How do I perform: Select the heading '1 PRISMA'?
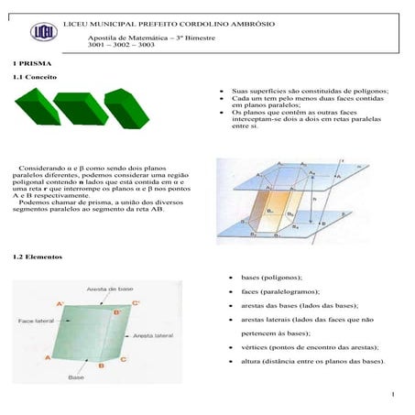[19, 62]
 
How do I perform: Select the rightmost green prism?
[126, 108]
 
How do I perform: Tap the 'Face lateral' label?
[40, 322]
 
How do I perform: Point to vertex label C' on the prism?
[136, 302]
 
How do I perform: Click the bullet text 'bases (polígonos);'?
[274, 276]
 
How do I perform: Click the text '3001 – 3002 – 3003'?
[121, 44]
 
